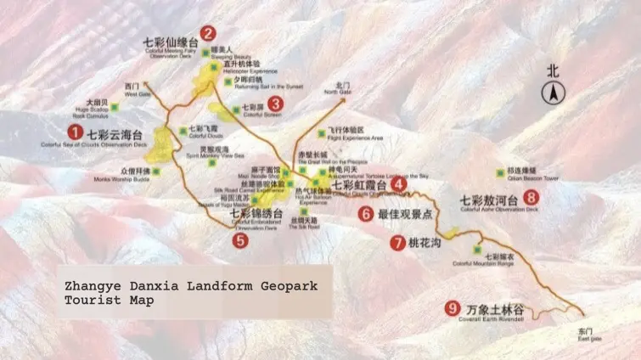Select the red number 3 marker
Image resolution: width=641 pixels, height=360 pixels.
pyautogui.click(x=275, y=104)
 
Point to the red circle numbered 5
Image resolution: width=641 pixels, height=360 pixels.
pyautogui.click(x=241, y=239)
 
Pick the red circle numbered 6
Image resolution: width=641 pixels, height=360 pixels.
pyautogui.click(x=366, y=214)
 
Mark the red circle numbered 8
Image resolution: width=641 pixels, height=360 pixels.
pyautogui.click(x=531, y=198)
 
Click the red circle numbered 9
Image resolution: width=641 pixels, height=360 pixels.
pyautogui.click(x=452, y=308)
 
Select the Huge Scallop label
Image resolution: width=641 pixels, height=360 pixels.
pyautogui.click(x=100, y=108)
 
